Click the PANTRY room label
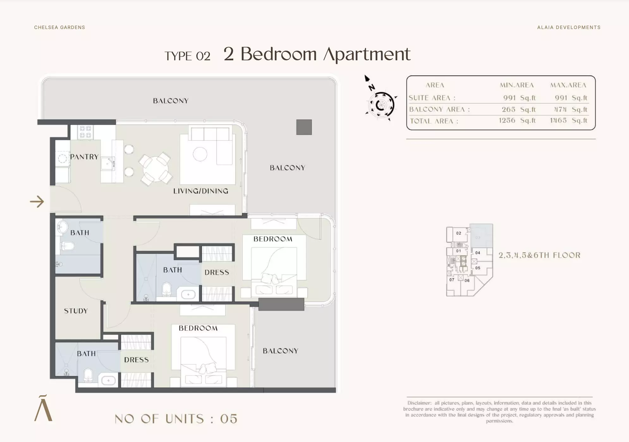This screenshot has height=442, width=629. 84,157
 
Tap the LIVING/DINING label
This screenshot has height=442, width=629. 201,191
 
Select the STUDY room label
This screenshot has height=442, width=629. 76,311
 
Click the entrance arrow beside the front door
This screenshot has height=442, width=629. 37,201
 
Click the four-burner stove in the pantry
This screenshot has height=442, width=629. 85,132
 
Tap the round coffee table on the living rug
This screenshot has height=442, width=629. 200,154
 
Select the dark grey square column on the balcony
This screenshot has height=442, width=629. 304,127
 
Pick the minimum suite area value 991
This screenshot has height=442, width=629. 510,98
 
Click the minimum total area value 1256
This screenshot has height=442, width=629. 507,121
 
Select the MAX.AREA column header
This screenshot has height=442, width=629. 568,85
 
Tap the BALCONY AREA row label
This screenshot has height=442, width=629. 439,110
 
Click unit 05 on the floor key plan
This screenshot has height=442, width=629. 478,268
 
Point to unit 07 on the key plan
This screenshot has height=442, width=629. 452,280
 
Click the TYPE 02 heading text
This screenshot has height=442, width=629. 187,56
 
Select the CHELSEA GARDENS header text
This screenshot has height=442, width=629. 59,27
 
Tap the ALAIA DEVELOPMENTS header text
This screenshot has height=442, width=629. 569,27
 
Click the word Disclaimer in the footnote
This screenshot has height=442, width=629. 419,403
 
